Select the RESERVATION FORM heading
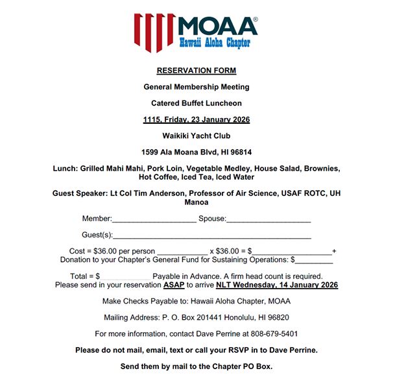(197, 70)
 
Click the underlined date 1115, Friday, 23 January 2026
(197, 119)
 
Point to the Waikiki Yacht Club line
(197, 136)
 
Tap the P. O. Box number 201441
(204, 317)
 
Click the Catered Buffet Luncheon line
(197, 103)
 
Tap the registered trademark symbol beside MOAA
(255, 20)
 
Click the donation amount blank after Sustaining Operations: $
(315, 260)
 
